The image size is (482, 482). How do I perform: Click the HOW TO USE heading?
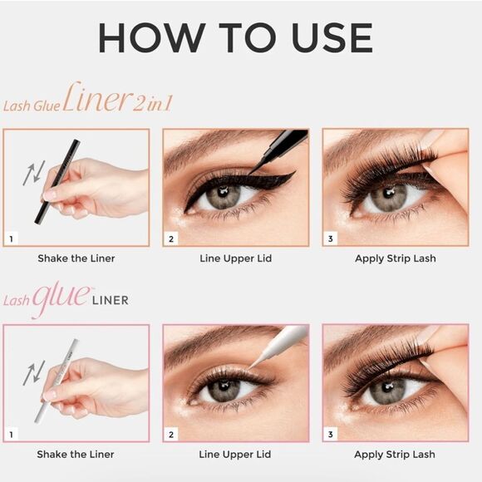pos(235,38)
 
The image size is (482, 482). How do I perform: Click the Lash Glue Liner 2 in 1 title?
pos(87,101)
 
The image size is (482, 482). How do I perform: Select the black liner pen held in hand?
pos(58,180)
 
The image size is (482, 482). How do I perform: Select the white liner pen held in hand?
pos(57,379)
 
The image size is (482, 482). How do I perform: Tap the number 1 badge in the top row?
pos(12,239)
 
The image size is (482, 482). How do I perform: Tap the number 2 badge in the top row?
pos(172,239)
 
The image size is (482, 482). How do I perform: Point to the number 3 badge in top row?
pos(331,239)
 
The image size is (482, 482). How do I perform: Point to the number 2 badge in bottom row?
pos(172,434)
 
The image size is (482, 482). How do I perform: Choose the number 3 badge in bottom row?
pos(331,434)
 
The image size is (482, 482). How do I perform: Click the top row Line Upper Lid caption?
pos(236,258)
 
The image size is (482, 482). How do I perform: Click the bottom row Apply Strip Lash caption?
pos(395,455)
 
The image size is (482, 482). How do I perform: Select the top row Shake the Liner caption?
pos(76,258)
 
